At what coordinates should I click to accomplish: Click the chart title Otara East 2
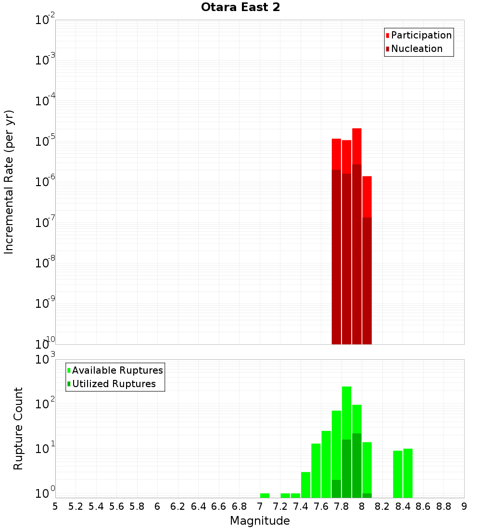pos(240,7)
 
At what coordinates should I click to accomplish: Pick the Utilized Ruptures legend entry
pos(114,384)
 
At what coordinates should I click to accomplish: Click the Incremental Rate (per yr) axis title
pos(9,182)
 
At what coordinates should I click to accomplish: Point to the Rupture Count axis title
pos(18,428)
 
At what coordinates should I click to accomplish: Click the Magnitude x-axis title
pos(260,520)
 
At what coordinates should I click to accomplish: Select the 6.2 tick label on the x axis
pos(178,506)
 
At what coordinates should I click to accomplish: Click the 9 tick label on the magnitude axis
pos(464,506)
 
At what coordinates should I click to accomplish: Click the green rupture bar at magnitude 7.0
pos(265,495)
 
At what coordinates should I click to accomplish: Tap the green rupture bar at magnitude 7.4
pos(305,485)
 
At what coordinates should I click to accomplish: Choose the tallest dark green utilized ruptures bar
pos(356,464)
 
